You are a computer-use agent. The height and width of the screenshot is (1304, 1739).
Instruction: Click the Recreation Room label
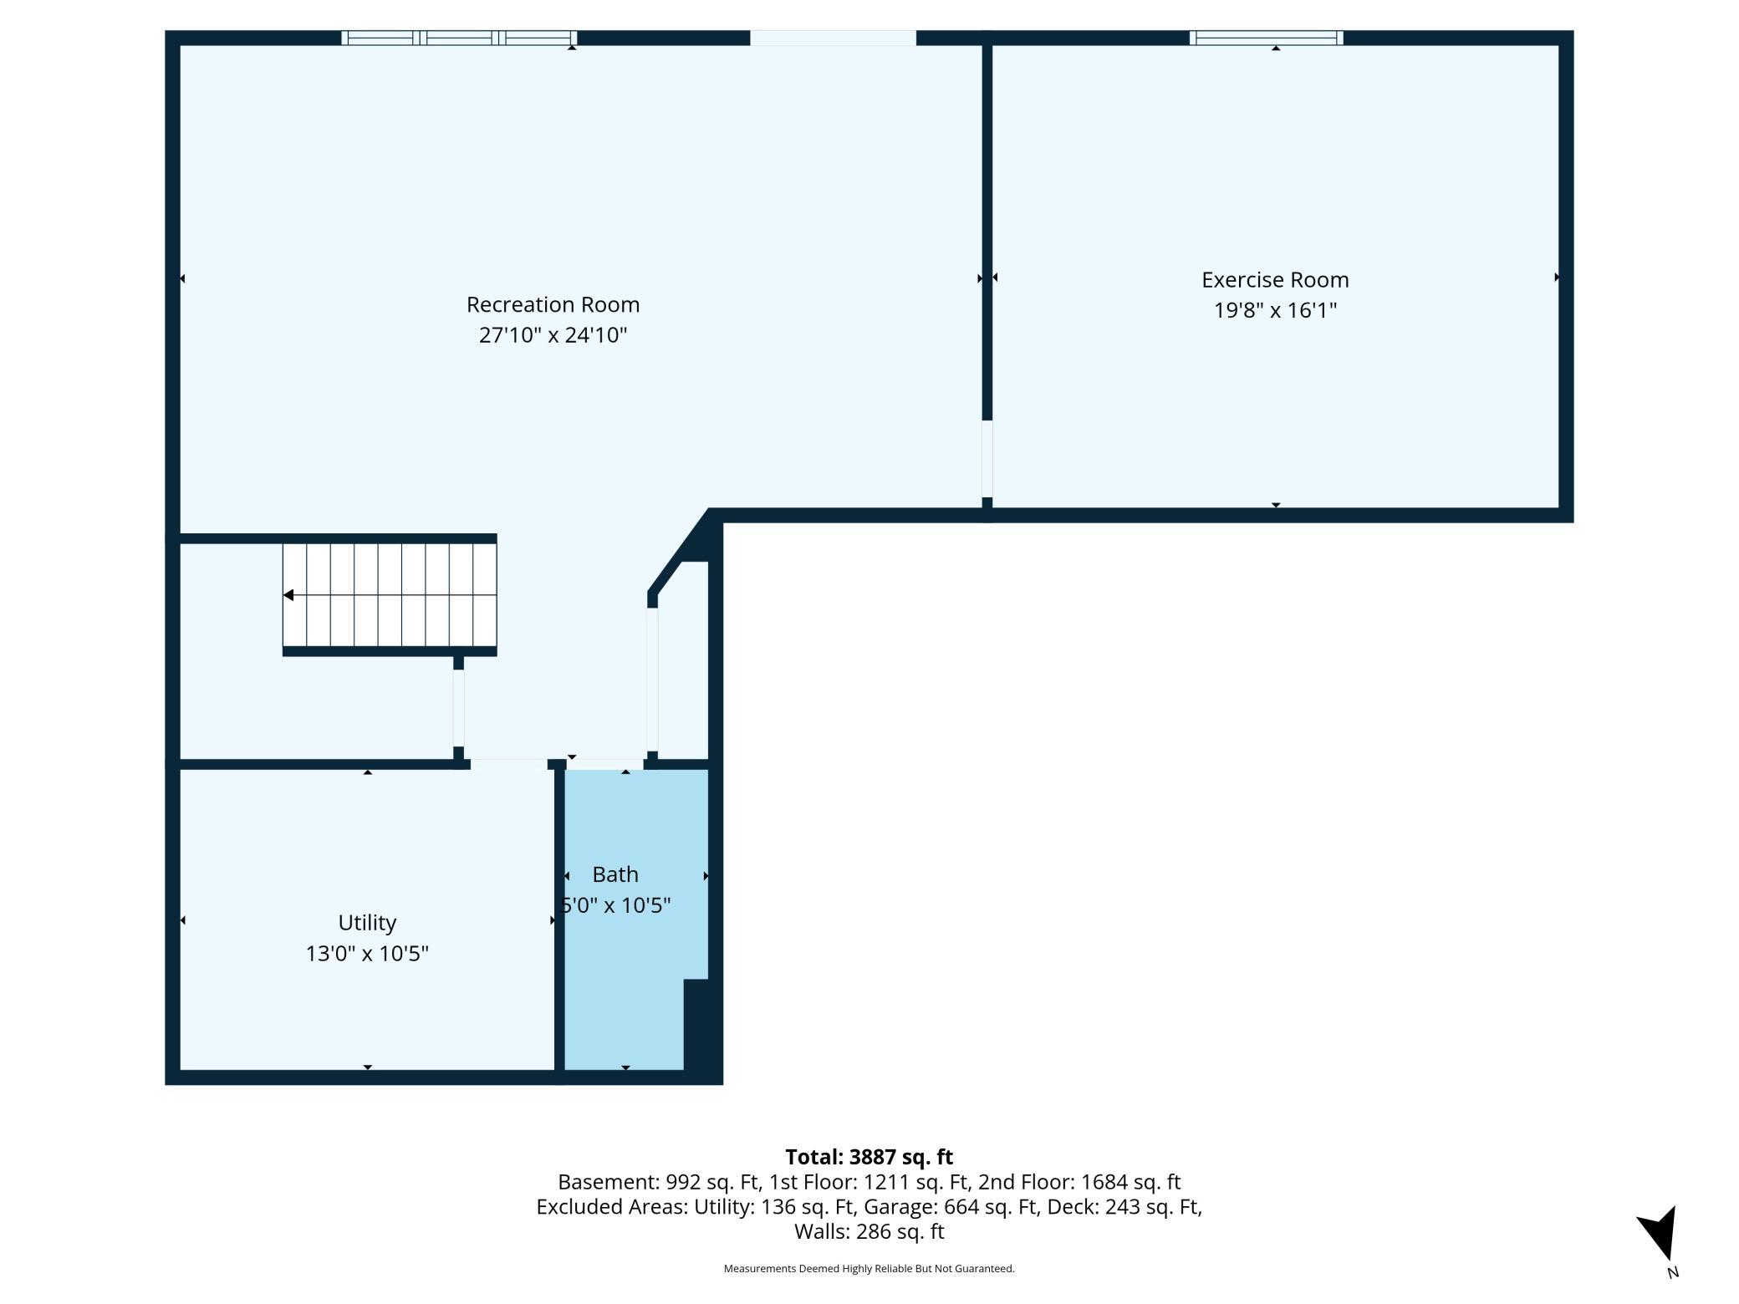pyautogui.click(x=553, y=304)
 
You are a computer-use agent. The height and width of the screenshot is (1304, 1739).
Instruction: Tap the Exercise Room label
pyautogui.click(x=1275, y=279)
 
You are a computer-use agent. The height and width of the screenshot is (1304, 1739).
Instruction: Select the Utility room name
pyautogui.click(x=367, y=923)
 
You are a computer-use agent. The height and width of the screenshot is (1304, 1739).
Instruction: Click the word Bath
pyautogui.click(x=615, y=874)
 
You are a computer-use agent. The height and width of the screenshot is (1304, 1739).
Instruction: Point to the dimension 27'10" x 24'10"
pyautogui.click(x=553, y=335)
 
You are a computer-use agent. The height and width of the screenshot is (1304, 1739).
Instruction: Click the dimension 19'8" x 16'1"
pyautogui.click(x=1275, y=310)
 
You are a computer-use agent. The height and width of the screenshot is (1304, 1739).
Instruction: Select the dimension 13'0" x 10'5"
pyautogui.click(x=367, y=954)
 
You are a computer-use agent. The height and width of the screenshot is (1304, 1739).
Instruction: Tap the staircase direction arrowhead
pyautogui.click(x=288, y=595)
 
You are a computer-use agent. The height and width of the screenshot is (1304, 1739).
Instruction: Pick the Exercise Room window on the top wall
pyautogui.click(x=1266, y=38)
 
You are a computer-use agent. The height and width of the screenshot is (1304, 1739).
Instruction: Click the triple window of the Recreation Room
pyautogui.click(x=459, y=38)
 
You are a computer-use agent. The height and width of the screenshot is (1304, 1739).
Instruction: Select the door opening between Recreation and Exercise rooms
pyautogui.click(x=987, y=459)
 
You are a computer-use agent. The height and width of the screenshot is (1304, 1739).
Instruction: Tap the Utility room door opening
pyautogui.click(x=508, y=764)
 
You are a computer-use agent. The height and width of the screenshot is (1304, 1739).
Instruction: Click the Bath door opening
pyautogui.click(x=605, y=764)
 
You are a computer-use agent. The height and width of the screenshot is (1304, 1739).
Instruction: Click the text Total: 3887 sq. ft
pyautogui.click(x=869, y=1157)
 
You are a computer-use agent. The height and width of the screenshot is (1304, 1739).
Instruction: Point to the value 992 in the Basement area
pyautogui.click(x=682, y=1182)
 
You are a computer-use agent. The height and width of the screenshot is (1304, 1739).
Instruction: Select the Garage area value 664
pyautogui.click(x=961, y=1207)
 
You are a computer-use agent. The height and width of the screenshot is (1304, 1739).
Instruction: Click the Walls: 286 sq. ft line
pyautogui.click(x=869, y=1232)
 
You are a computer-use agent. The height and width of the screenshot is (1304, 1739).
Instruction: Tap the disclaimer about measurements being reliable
pyautogui.click(x=869, y=1269)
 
